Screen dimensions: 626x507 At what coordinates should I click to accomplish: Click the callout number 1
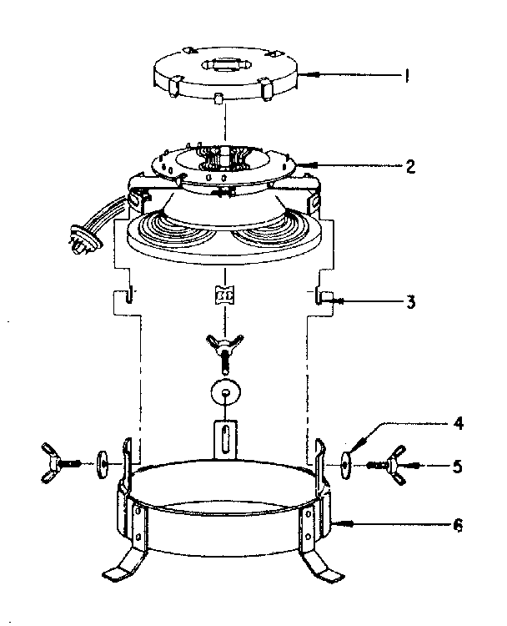[406, 77]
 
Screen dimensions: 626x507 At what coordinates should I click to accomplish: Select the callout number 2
[409, 165]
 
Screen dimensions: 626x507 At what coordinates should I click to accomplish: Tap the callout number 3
[410, 301]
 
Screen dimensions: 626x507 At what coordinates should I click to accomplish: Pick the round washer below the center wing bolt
[225, 392]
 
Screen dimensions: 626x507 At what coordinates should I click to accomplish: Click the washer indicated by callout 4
[348, 460]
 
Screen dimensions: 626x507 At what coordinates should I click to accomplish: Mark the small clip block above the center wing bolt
[223, 295]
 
